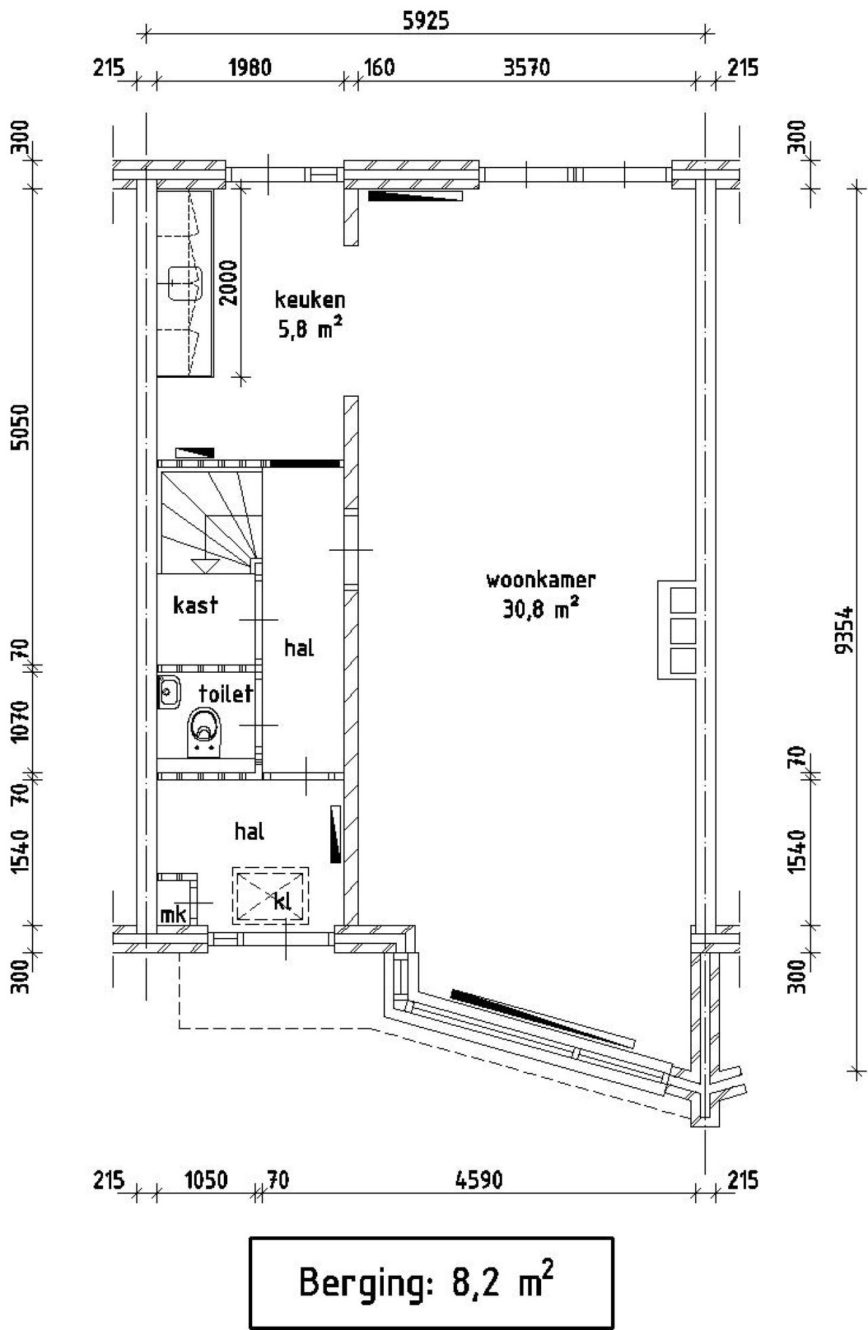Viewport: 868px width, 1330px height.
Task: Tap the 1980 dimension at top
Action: coord(250,68)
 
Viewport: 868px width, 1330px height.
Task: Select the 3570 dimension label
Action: coord(526,68)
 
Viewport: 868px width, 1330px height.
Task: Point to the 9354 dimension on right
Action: coord(845,629)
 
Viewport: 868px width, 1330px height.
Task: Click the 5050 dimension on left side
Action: coord(21,427)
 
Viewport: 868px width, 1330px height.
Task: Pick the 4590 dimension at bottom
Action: coord(479,1180)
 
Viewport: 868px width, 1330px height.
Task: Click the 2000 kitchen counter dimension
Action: coord(229,283)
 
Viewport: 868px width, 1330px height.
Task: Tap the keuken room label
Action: coord(310,300)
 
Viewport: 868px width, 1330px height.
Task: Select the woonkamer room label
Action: coord(540,580)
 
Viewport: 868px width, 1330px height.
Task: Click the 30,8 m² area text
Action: coord(540,610)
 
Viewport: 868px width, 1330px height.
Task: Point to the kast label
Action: coord(195,605)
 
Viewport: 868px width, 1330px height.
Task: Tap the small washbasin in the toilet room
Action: coord(168,692)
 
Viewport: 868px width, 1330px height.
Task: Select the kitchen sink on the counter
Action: coord(184,283)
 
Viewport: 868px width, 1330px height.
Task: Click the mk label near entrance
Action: coord(173,915)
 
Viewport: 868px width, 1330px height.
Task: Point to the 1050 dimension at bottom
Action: coord(206,1180)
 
